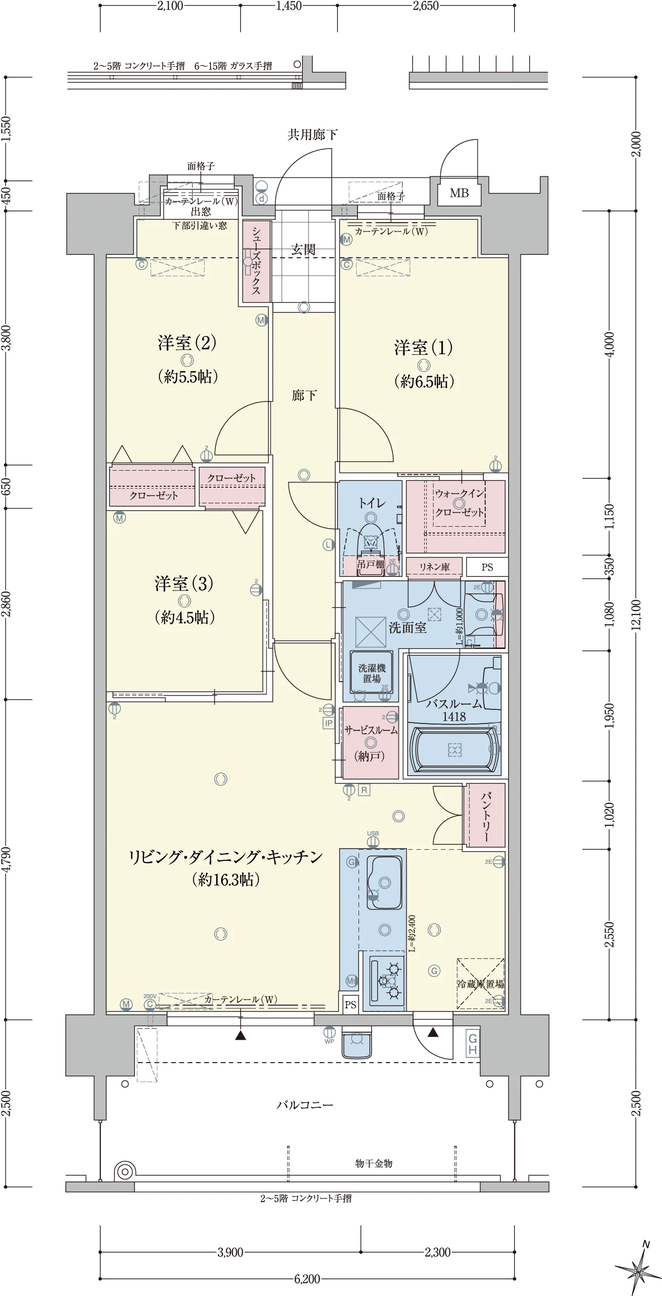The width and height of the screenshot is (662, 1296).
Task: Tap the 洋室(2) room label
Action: [x=187, y=343]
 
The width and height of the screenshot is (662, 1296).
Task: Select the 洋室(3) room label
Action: [x=184, y=584]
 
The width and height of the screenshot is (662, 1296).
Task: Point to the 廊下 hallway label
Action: [x=304, y=396]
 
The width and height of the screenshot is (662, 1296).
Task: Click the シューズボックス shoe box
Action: [x=256, y=261]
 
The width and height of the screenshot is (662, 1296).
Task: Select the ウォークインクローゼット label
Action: [x=459, y=503]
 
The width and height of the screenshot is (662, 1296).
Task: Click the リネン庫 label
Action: [x=435, y=567]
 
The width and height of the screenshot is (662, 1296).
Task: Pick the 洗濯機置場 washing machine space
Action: [x=372, y=674]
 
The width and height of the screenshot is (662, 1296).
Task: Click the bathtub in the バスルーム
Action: [x=455, y=750]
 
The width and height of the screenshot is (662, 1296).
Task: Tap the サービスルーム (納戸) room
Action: [x=371, y=743]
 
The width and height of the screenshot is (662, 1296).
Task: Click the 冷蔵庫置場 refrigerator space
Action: [x=480, y=984]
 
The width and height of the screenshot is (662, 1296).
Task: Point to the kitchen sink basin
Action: [x=384, y=882]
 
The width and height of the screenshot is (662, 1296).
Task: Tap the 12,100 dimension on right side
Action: [x=636, y=615]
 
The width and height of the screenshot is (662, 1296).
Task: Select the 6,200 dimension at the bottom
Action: [x=307, y=1278]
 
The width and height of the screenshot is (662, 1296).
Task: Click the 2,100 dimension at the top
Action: [x=170, y=6]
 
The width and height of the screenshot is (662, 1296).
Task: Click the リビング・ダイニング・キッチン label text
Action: [x=226, y=857]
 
